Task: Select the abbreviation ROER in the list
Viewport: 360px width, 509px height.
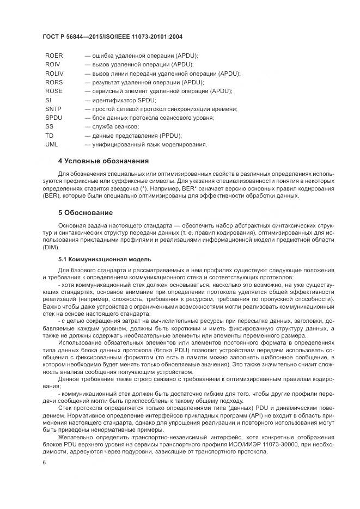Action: [54, 56]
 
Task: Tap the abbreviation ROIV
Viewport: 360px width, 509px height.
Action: [53, 64]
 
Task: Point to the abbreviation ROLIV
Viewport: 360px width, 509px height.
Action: [55, 73]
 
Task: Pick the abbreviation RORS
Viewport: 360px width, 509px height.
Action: [54, 82]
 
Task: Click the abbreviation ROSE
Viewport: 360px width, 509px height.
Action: [54, 91]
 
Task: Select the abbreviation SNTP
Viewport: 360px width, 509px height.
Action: [54, 109]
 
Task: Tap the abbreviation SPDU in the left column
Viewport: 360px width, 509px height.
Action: [54, 118]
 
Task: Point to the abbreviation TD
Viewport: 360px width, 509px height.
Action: [50, 136]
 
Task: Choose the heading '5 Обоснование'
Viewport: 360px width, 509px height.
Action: [86, 212]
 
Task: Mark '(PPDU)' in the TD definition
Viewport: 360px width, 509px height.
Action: [168, 136]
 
